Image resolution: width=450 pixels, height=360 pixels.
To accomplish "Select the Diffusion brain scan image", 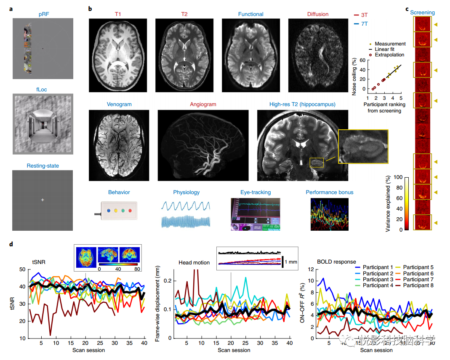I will coord(318,55).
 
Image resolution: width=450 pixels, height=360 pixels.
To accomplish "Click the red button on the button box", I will coord(130,210).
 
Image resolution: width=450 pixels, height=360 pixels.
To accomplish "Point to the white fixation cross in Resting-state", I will coord(43,200).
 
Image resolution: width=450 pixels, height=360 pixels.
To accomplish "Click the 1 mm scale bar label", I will coord(291,261).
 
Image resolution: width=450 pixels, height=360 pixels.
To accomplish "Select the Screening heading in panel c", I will coord(422,13).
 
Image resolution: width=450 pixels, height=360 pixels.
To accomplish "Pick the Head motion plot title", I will coord(194,262).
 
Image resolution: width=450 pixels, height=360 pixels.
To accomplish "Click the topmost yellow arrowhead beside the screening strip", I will coord(436,25).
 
